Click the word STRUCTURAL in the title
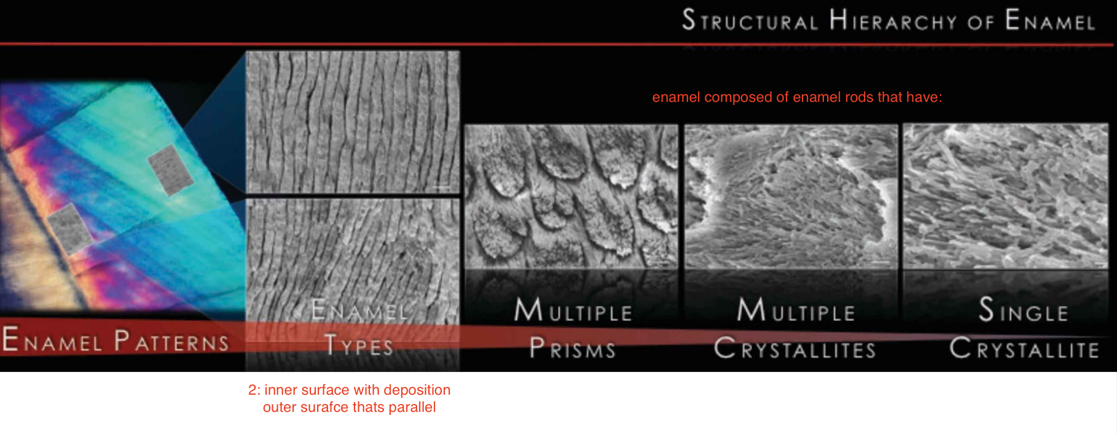tap(750, 21)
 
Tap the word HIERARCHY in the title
tap(893, 21)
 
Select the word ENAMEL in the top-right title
tap(1050, 21)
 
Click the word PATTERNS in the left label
tap(171, 341)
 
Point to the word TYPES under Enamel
tap(359, 346)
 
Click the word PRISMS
tap(573, 349)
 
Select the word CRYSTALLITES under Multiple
tap(795, 349)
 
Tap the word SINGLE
tap(1023, 311)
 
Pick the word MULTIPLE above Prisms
tap(573, 311)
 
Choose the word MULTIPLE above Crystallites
tap(796, 311)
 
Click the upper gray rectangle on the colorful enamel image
tap(171, 169)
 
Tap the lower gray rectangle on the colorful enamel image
tap(71, 228)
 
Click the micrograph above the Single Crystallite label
tap(1005, 196)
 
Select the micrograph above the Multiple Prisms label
tap(571, 196)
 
